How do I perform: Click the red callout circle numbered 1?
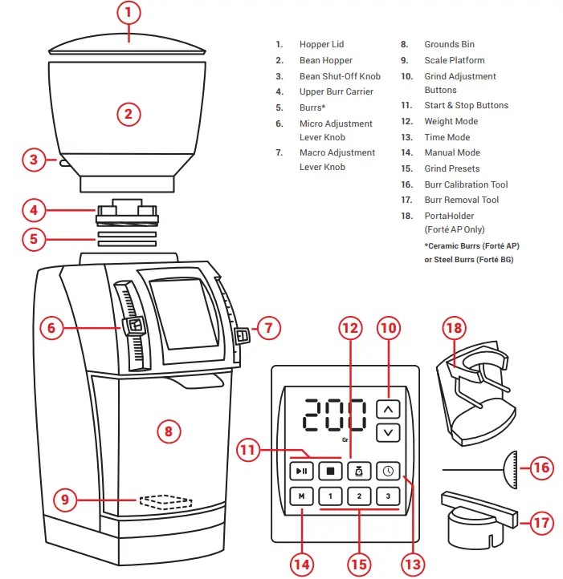click(x=129, y=13)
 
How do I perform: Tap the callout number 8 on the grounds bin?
click(x=168, y=431)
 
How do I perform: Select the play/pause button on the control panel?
click(x=301, y=472)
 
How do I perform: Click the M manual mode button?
click(x=301, y=496)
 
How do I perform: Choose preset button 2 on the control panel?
click(x=359, y=496)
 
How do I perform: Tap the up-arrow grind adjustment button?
click(x=389, y=409)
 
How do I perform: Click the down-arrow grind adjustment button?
click(x=389, y=432)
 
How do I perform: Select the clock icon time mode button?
click(x=388, y=472)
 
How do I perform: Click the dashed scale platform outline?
click(x=165, y=502)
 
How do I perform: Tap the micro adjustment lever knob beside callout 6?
click(x=133, y=326)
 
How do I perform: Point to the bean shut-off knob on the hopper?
click(x=63, y=162)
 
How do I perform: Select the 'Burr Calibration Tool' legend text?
click(x=466, y=184)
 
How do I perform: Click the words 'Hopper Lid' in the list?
click(x=321, y=45)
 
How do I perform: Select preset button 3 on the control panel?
click(x=388, y=496)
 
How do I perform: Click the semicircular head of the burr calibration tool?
click(x=511, y=467)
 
